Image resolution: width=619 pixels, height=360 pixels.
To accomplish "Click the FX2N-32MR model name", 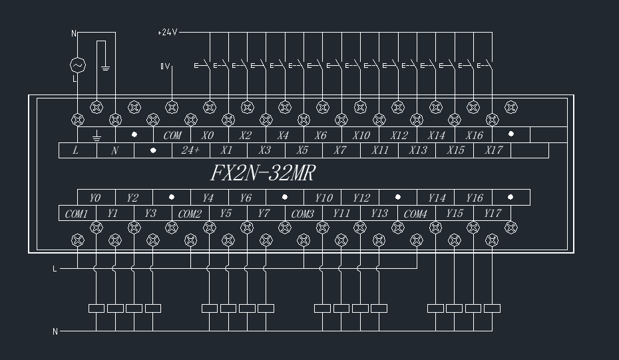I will coord(262,174).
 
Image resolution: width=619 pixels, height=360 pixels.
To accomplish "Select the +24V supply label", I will coord(167,32).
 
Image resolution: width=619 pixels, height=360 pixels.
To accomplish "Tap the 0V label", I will coord(166,66).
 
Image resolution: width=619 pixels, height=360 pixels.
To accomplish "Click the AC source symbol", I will coord(78,65).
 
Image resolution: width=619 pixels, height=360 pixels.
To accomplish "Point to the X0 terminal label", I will coord(208,135).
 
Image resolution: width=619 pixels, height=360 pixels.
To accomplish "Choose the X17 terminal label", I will coord(493,150).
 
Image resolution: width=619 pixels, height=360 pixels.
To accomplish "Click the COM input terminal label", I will coord(172,135).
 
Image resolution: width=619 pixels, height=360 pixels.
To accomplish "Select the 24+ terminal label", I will coord(190,150).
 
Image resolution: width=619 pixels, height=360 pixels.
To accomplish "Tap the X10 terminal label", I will coord(361,135).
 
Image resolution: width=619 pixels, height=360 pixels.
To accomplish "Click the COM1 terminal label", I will coord(77,214).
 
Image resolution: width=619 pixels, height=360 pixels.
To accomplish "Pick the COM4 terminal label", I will coord(415,214).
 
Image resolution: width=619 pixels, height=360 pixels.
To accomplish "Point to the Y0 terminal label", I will coord(95,198).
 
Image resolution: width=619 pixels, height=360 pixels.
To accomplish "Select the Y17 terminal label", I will coord(493,214).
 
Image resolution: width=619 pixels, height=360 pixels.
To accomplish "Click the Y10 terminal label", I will coord(323,198).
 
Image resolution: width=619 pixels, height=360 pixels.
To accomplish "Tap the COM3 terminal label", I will coord(303,214).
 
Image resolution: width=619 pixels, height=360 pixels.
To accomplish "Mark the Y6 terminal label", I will coord(246,198).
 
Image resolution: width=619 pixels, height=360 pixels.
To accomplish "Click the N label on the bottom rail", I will coord(55,331).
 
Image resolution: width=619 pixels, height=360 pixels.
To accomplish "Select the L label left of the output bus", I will coord(55,269).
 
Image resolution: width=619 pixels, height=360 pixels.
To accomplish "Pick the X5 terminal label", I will coord(302,150).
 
